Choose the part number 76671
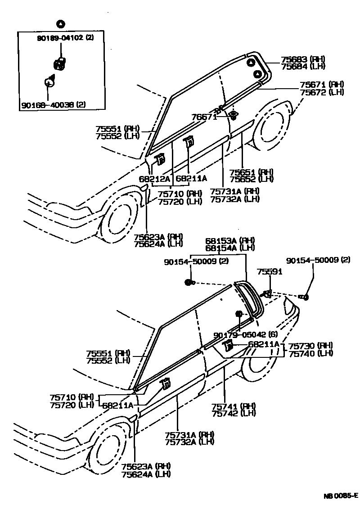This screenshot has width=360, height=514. click(204, 117)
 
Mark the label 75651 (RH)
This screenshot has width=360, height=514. click(252, 172)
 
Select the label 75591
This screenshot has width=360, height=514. click(270, 271)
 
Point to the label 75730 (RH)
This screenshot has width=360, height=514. click(310, 346)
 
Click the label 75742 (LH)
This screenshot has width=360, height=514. click(234, 413)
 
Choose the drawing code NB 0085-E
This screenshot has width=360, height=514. click(340, 496)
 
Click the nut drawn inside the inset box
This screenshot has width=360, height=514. click(59, 64)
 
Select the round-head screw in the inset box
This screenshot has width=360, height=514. click(49, 82)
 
